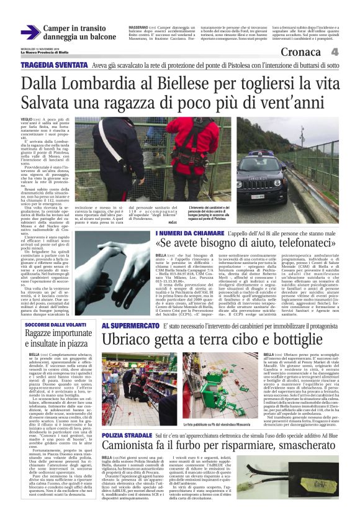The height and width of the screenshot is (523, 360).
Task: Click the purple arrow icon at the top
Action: pos(30,32)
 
